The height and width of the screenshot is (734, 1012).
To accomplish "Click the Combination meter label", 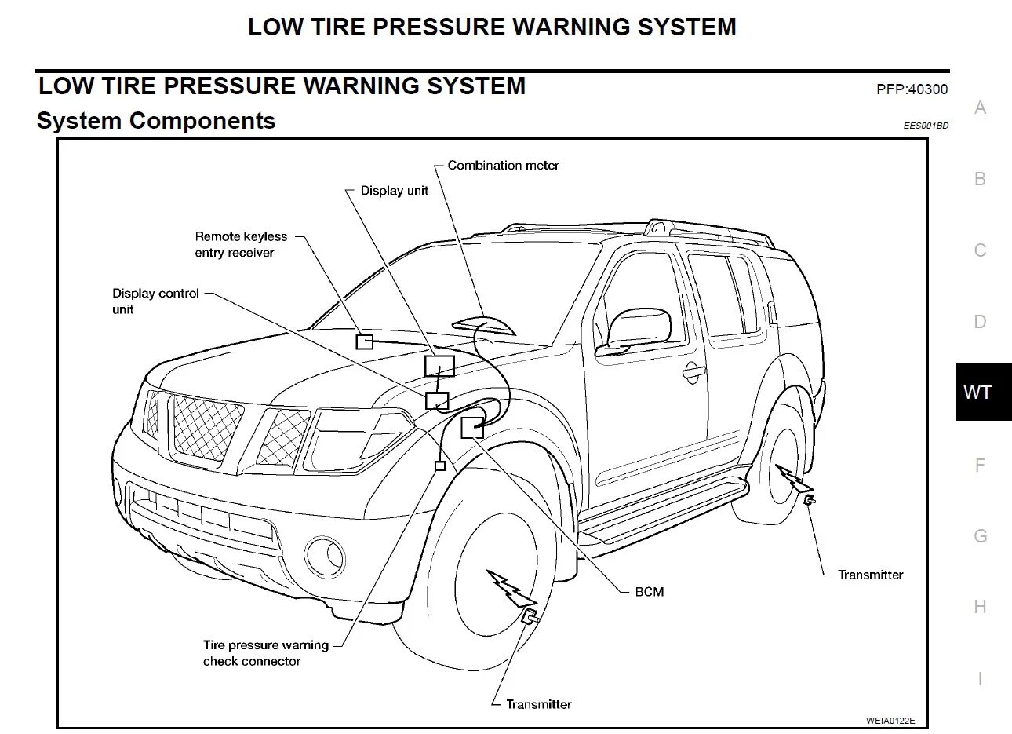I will pyautogui.click(x=503, y=166).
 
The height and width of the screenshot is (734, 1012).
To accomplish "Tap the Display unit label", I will pyautogui.click(x=394, y=191).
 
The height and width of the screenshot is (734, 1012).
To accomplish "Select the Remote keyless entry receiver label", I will pyautogui.click(x=241, y=244).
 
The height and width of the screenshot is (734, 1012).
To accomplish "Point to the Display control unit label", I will pyautogui.click(x=155, y=301).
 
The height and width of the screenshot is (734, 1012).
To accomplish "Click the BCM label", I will pyautogui.click(x=649, y=592).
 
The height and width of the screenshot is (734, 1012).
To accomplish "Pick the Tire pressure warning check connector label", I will pyautogui.click(x=265, y=653).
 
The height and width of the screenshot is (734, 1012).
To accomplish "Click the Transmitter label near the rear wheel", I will pyautogui.click(x=870, y=575).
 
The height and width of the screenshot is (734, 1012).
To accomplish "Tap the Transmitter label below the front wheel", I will pyautogui.click(x=538, y=704).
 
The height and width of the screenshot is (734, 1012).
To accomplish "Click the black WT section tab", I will pyautogui.click(x=977, y=393).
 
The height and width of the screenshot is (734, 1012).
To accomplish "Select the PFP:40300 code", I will pyautogui.click(x=912, y=89).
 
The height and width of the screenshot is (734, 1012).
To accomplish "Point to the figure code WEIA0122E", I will pyautogui.click(x=890, y=720).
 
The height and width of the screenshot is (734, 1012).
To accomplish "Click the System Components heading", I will pyautogui.click(x=156, y=121).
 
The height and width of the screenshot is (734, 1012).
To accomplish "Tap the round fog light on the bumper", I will pyautogui.click(x=325, y=555).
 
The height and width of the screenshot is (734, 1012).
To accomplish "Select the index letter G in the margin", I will pyautogui.click(x=980, y=536).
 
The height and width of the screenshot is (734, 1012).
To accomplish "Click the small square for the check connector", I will pyautogui.click(x=440, y=466).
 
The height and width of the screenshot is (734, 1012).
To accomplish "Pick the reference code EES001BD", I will pyautogui.click(x=926, y=126).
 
